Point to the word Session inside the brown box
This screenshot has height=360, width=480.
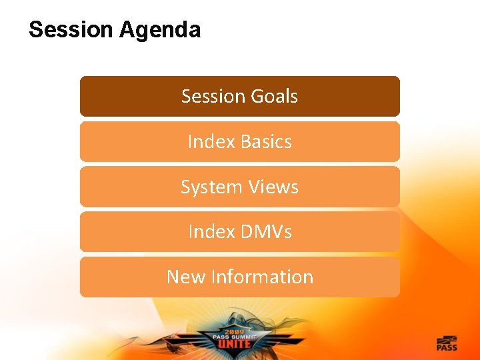coord(213,97)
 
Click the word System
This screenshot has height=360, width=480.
coord(209,187)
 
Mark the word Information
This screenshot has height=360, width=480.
coord(261,277)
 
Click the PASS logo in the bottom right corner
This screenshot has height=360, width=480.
coord(447,343)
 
